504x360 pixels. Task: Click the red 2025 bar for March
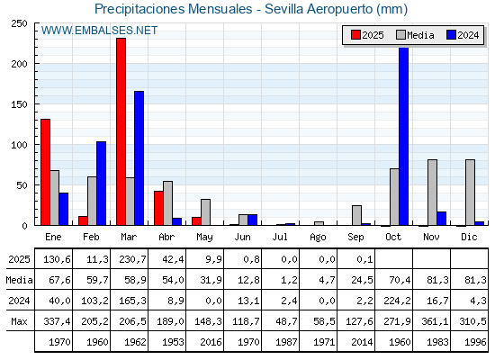[121, 131]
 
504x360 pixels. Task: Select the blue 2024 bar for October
[404, 136]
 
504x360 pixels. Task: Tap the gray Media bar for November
[432, 193]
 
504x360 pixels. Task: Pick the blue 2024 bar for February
[101, 184]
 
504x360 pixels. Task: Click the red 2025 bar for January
[45, 172]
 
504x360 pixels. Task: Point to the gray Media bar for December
[470, 193]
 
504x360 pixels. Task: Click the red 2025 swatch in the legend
[355, 35]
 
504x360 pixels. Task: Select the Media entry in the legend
[415, 35]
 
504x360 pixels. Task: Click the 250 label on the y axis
[19, 23]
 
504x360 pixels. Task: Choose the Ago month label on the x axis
[318, 238]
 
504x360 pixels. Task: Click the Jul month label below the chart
[280, 237]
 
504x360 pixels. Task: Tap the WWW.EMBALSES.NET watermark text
[99, 31]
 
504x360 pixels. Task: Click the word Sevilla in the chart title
[283, 9]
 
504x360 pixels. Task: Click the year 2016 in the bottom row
[211, 342]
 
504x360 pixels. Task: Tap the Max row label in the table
[19, 321]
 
